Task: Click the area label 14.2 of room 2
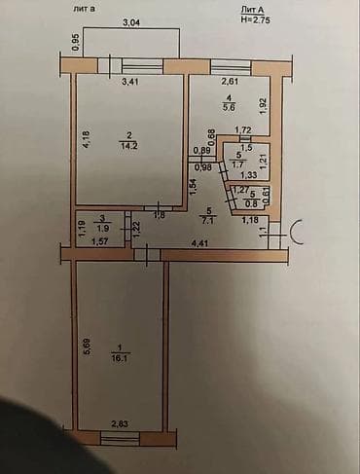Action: point(126,147)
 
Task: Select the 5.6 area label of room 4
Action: point(227,108)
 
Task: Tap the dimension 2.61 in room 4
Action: point(231,82)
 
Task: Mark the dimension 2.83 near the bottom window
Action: point(119,422)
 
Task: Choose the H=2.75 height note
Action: point(256,18)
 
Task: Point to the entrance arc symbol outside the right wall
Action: point(296,234)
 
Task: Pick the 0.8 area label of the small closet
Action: point(252,203)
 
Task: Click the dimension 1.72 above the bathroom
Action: point(244,129)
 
